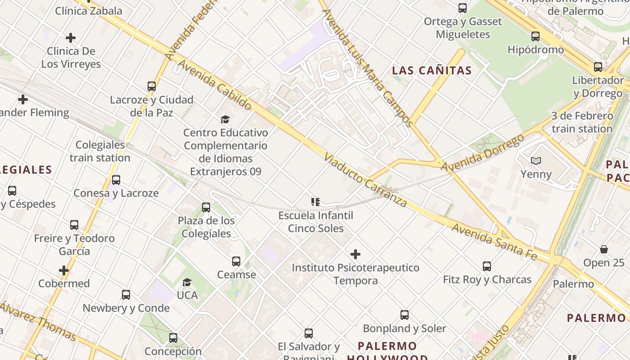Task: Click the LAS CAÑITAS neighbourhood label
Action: (x=432, y=70)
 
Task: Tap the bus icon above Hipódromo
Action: (x=535, y=36)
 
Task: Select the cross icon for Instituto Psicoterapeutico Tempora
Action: (x=355, y=254)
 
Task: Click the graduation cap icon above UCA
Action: (x=187, y=282)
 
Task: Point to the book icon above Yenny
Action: (x=536, y=161)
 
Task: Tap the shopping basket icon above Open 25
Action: (x=604, y=249)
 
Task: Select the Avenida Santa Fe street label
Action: (x=494, y=242)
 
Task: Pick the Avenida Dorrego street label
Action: (x=483, y=153)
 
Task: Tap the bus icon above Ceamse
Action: (x=236, y=261)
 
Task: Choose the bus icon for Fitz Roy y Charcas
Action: (x=487, y=266)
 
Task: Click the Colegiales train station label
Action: (x=100, y=151)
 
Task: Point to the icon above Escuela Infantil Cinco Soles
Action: (x=315, y=202)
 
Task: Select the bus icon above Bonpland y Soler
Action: (x=405, y=315)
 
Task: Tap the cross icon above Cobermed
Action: (x=64, y=270)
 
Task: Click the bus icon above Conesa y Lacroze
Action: (x=116, y=180)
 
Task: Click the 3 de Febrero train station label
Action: (x=582, y=122)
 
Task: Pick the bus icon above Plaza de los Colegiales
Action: (x=206, y=207)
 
